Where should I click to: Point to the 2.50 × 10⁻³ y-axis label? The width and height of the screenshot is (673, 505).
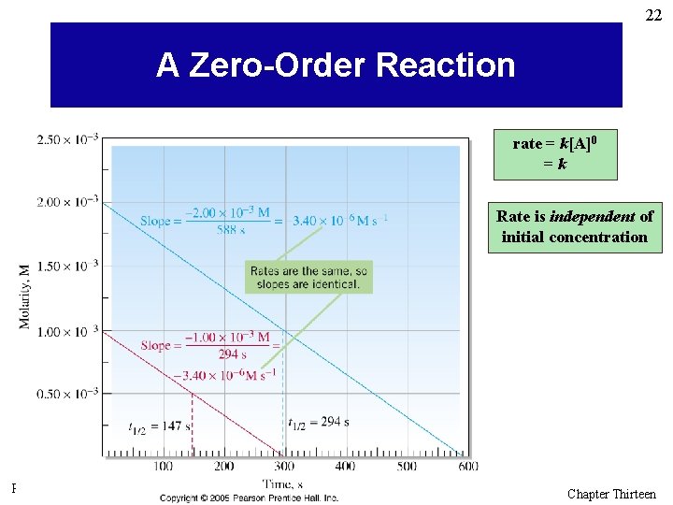pyautogui.click(x=67, y=140)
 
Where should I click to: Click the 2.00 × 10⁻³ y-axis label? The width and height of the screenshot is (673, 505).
pyautogui.click(x=67, y=202)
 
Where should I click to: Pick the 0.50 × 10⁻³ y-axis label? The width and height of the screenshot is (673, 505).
pyautogui.click(x=67, y=394)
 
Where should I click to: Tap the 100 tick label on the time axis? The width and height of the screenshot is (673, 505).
pyautogui.click(x=164, y=466)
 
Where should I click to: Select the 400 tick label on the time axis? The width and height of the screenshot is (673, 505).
pyautogui.click(x=346, y=466)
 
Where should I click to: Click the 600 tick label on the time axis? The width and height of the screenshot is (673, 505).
pyautogui.click(x=467, y=466)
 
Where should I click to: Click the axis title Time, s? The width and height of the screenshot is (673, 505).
pyautogui.click(x=283, y=483)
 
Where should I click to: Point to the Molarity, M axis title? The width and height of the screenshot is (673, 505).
pyautogui.click(x=22, y=296)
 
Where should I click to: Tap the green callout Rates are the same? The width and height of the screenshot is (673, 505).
pyautogui.click(x=308, y=277)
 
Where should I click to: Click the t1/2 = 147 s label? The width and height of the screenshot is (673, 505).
pyautogui.click(x=159, y=426)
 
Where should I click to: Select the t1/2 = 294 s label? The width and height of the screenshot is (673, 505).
pyautogui.click(x=318, y=422)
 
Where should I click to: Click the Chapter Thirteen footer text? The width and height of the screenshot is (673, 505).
pyautogui.click(x=611, y=494)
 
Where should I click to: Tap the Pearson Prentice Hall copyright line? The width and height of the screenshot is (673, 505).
pyautogui.click(x=249, y=498)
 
